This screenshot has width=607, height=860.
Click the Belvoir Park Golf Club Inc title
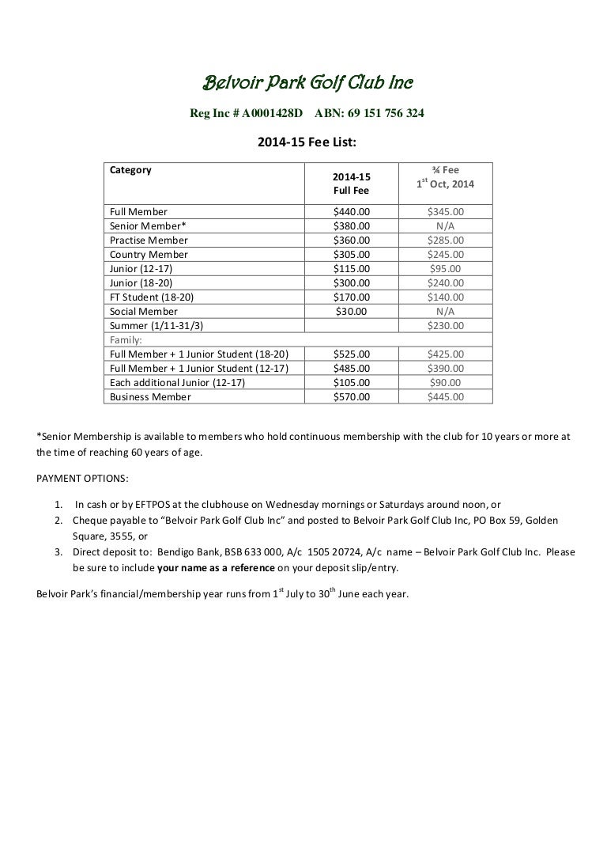(308, 82)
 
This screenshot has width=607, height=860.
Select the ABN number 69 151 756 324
(370, 113)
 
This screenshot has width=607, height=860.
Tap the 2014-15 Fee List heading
(307, 142)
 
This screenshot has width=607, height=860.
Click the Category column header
(130, 169)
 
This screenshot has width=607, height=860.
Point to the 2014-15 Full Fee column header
(351, 184)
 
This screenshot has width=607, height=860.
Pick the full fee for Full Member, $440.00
(351, 212)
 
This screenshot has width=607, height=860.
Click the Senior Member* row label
(148, 226)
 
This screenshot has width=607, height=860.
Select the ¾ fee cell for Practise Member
(445, 241)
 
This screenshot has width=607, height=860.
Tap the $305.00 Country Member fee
(351, 255)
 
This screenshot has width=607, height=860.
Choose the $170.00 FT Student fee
(351, 297)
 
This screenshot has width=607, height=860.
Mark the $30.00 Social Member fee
(351, 312)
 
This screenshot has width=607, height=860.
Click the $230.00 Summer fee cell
(445, 326)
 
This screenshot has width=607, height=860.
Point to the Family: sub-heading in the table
(126, 340)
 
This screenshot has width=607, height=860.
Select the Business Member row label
(150, 397)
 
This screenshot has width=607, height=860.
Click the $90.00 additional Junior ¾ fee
(445, 383)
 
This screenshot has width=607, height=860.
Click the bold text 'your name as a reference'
(216, 568)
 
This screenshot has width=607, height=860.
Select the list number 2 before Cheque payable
(59, 521)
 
